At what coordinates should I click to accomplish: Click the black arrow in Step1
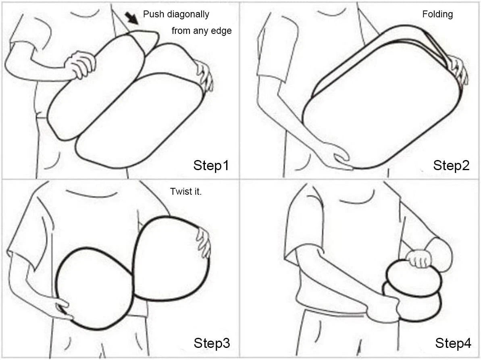(132, 18)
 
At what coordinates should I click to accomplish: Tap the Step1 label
(211, 165)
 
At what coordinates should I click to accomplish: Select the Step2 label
(451, 165)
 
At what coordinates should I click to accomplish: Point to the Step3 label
(212, 343)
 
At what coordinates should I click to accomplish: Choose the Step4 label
(453, 343)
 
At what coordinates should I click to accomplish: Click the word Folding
(437, 15)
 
